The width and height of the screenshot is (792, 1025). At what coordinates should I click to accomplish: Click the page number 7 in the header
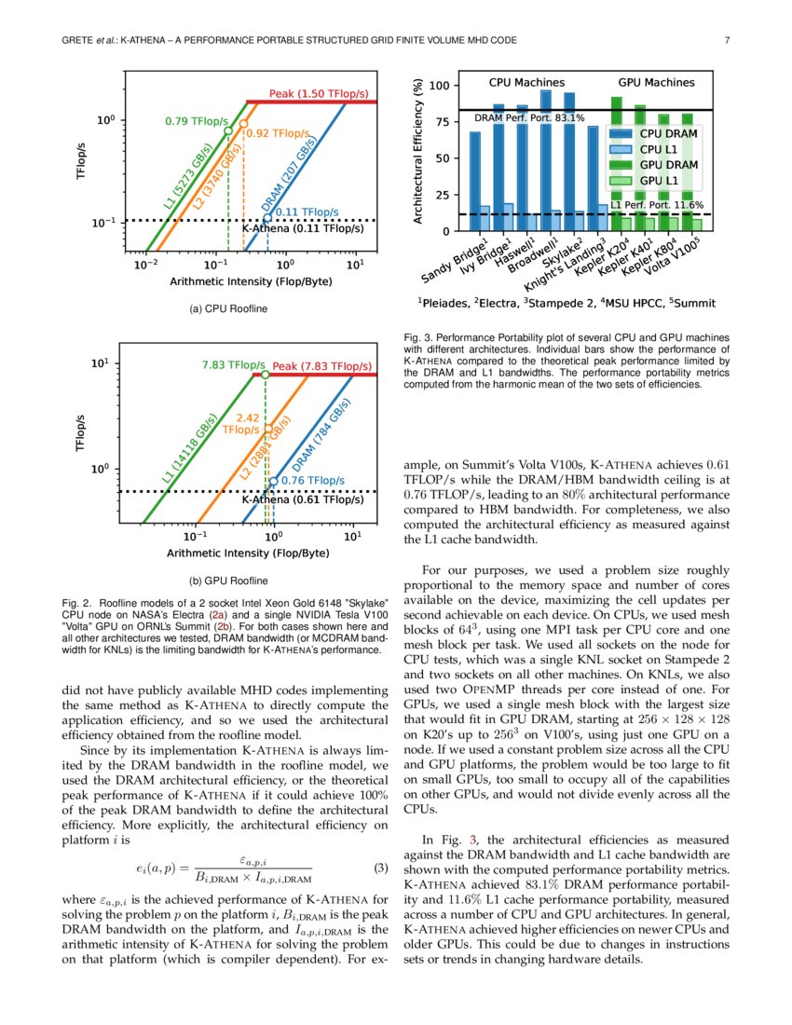coord(726,40)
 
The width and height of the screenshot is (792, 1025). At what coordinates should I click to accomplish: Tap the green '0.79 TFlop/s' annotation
coord(197,120)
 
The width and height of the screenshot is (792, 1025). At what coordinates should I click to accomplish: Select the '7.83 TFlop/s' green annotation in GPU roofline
coord(233,364)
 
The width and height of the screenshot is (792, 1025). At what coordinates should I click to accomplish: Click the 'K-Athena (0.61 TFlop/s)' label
coord(302,499)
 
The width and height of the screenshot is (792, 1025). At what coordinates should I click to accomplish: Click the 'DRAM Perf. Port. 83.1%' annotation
coord(529,118)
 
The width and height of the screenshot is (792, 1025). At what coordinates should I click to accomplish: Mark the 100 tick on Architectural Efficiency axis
coord(439,87)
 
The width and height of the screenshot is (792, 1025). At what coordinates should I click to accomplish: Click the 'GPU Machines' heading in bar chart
coord(655,83)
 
